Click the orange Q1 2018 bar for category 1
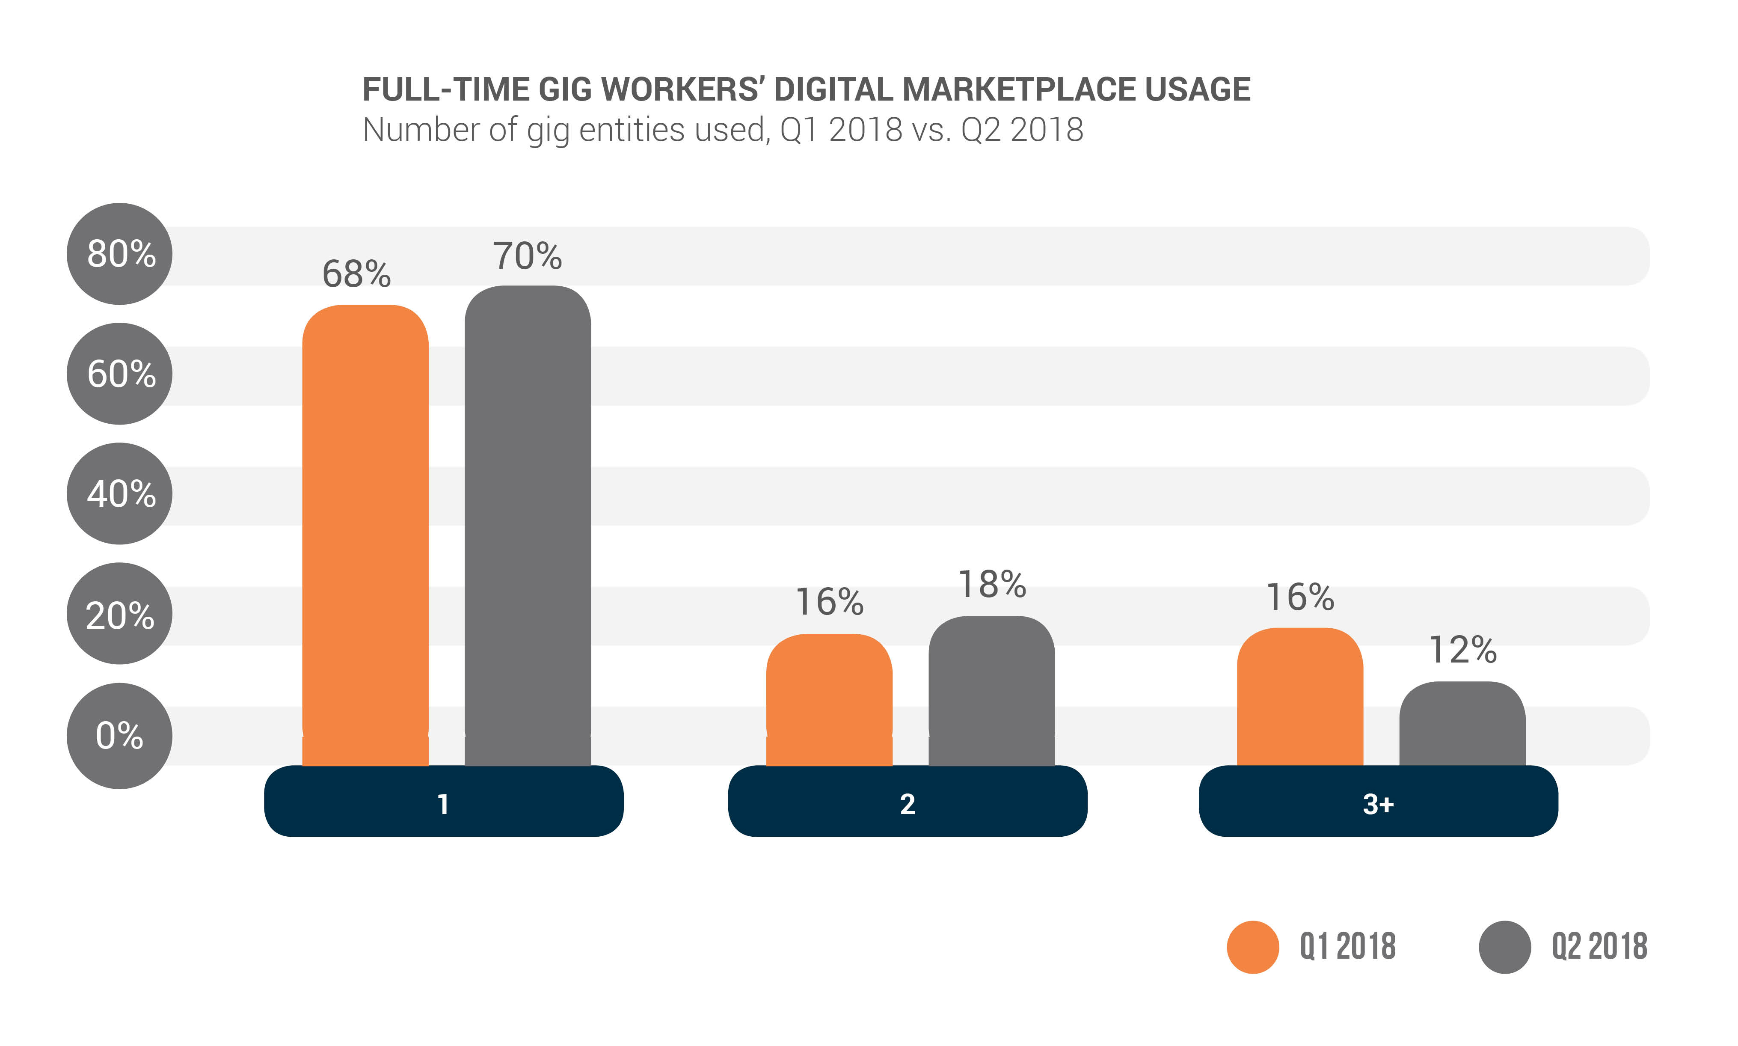point(365,536)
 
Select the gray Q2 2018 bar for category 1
point(528,525)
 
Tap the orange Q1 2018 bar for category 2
point(829,699)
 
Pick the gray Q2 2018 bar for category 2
point(991,691)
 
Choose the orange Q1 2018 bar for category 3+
point(1300,696)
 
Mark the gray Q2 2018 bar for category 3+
point(1462,723)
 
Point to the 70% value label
point(527,256)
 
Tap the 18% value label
point(992,584)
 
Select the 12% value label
point(1462,650)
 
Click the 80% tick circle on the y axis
point(120,254)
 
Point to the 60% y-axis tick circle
point(120,374)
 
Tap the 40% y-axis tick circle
point(120,493)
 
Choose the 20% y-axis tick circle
point(120,614)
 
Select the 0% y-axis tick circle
point(120,735)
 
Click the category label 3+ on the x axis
point(1378,804)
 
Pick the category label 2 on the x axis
point(908,804)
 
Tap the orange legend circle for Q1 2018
point(1253,947)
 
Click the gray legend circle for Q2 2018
point(1505,947)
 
